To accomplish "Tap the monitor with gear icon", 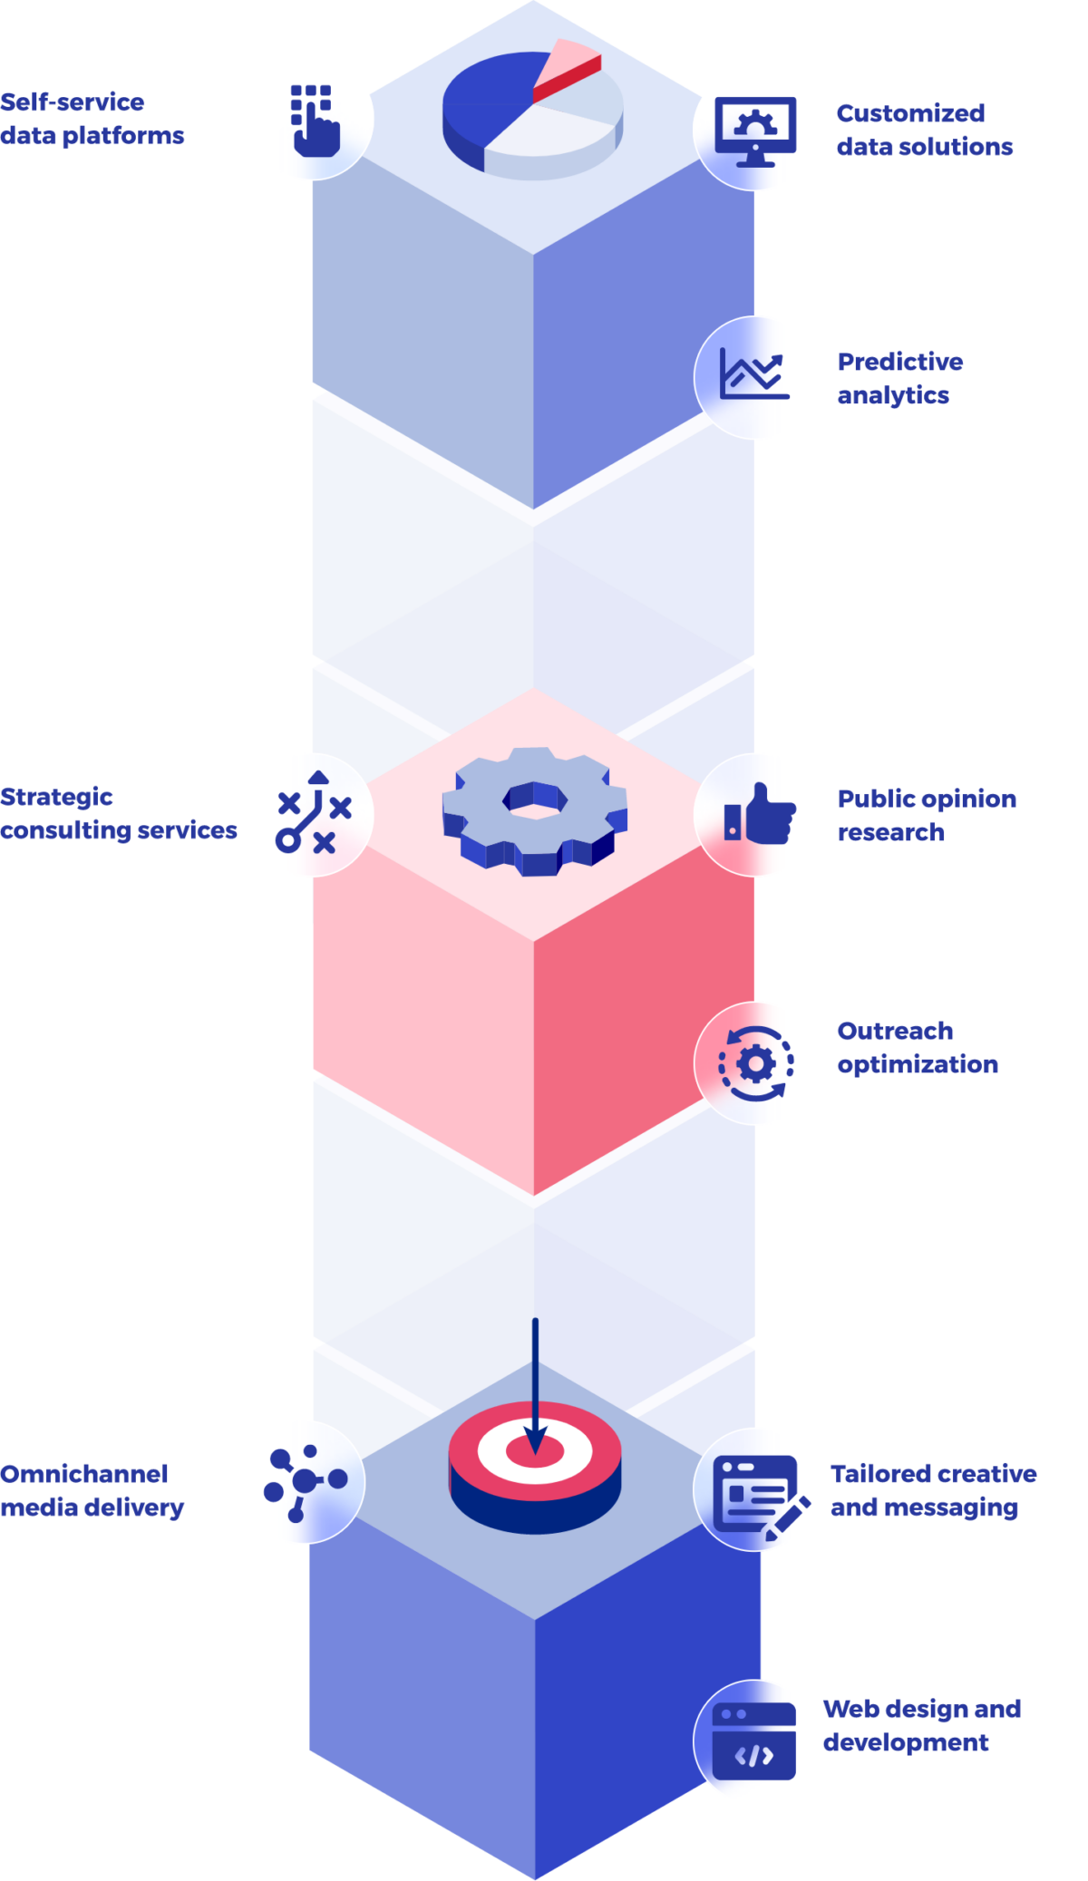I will [x=754, y=131].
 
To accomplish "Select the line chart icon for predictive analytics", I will [x=754, y=375].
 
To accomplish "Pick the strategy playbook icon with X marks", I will [x=313, y=813].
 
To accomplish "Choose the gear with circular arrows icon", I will [x=755, y=1062].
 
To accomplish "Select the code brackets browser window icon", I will [x=754, y=1740].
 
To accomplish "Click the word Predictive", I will [x=900, y=362].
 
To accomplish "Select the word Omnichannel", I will [x=84, y=1473].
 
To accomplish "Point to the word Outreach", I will [x=895, y=1032].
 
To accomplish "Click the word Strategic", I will [x=56, y=797].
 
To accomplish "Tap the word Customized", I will [x=910, y=113].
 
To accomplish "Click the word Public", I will [x=873, y=799].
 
